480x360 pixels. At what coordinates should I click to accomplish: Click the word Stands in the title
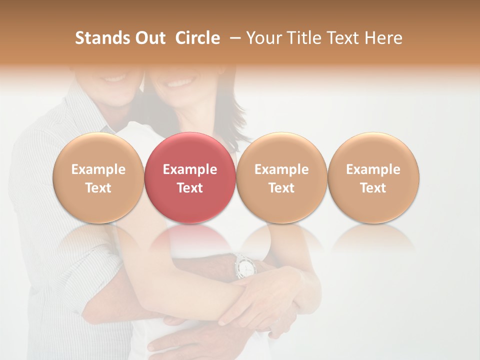pos(102,38)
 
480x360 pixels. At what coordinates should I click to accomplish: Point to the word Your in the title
pos(264,38)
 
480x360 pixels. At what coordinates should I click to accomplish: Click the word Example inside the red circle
pos(190,169)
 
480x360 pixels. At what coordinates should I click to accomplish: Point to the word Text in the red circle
pos(190,188)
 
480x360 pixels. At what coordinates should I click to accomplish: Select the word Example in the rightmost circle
pos(373,169)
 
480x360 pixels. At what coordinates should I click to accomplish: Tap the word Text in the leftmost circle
pos(98,188)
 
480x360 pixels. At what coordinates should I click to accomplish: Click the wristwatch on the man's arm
pos(244,266)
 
